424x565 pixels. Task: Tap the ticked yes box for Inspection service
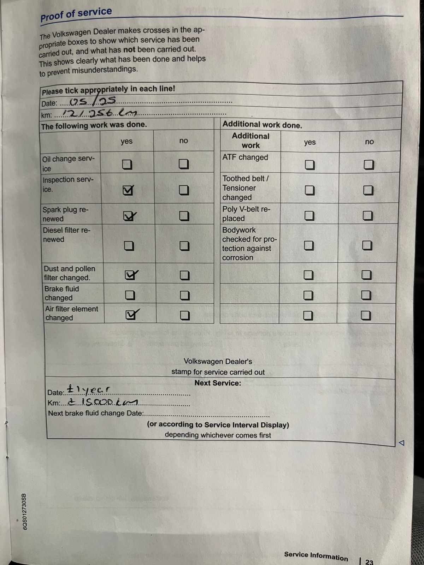tap(128, 190)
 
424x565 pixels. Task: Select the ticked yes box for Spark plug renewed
tap(129, 216)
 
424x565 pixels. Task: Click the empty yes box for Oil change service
tap(127, 165)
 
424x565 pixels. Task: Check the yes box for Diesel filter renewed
tap(129, 246)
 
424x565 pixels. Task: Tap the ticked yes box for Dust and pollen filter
tap(130, 275)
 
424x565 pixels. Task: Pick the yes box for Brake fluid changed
tap(130, 295)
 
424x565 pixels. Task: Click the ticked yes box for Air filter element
tap(131, 315)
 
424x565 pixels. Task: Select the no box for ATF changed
tap(369, 165)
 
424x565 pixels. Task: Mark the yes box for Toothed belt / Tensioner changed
tap(310, 190)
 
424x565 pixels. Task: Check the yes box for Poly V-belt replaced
tap(309, 215)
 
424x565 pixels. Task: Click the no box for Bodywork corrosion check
tap(367, 245)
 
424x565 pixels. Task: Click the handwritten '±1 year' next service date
tap(88, 390)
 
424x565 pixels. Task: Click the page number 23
tap(369, 562)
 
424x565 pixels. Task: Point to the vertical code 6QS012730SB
tap(24, 511)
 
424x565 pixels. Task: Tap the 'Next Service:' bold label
tap(218, 383)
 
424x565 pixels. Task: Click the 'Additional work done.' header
tap(262, 125)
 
